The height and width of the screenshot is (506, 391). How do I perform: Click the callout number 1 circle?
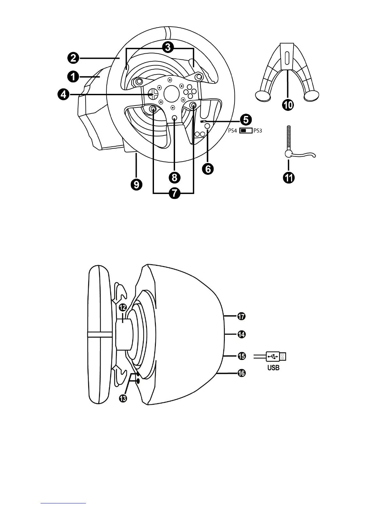point(73,77)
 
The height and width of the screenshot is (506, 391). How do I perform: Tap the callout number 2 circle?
point(73,58)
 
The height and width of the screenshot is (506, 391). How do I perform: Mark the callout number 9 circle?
point(136,185)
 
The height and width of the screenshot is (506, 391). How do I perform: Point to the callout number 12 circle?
point(123,308)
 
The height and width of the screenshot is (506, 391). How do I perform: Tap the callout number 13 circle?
point(123,398)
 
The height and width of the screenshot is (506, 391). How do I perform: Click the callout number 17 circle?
point(241,316)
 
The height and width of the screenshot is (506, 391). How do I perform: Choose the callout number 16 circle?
point(241,373)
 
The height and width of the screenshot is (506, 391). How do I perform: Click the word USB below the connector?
point(273,368)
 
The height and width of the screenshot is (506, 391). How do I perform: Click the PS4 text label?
point(233,131)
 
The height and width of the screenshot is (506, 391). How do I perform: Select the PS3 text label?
point(257,131)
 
